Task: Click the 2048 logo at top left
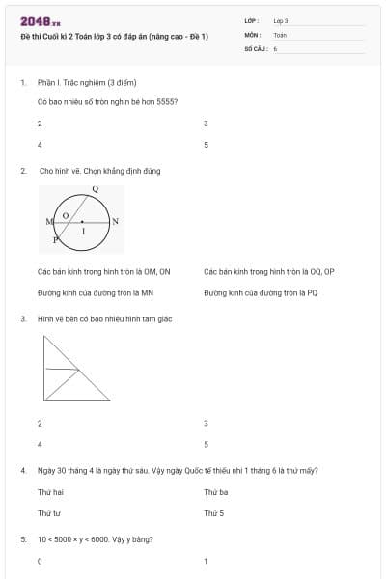coord(40,20)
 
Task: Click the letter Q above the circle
coord(95,189)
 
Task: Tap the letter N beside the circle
coord(116,222)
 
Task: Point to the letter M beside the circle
coord(48,222)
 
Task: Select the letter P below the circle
coord(55,237)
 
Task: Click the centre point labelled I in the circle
coord(83,229)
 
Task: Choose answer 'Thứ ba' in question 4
coord(215,492)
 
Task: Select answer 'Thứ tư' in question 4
coord(49,513)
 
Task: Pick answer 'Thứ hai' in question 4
coord(49,492)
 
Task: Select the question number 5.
coord(23,538)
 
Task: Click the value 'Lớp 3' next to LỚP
coord(281,20)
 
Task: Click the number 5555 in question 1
coord(167,101)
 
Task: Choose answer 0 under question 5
coord(40,561)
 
